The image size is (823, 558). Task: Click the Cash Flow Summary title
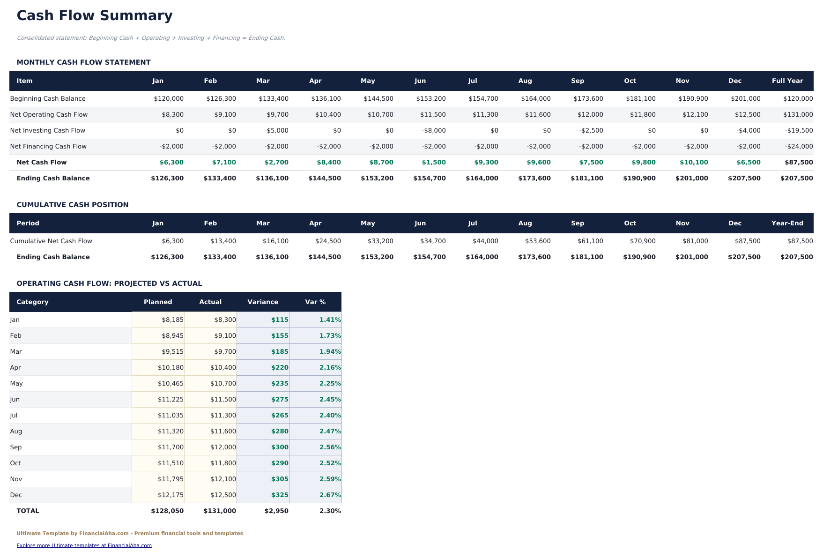[x=95, y=16]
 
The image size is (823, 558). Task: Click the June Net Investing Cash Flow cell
[x=434, y=131]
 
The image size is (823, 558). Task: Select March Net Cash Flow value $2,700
[x=276, y=163]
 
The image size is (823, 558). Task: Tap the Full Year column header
[x=787, y=81]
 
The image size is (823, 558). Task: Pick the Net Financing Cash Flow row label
[x=48, y=147]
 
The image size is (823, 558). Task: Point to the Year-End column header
[x=787, y=223]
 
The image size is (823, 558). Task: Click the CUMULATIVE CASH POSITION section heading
[x=72, y=205]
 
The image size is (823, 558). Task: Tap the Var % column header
[x=315, y=302]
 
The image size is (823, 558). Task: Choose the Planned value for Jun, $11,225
[x=171, y=400]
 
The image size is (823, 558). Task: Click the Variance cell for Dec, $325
[x=280, y=495]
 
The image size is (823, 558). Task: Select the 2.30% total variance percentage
[x=330, y=511]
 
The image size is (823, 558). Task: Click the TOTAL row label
[x=28, y=511]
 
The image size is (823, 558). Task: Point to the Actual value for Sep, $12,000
[x=223, y=447]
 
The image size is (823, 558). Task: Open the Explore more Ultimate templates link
[x=84, y=545]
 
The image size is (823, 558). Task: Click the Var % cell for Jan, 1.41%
[x=330, y=320]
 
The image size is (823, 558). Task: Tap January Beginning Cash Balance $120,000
[x=169, y=99]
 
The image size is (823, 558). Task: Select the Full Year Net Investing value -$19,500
[x=799, y=131]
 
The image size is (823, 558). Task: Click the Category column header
[x=32, y=302]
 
